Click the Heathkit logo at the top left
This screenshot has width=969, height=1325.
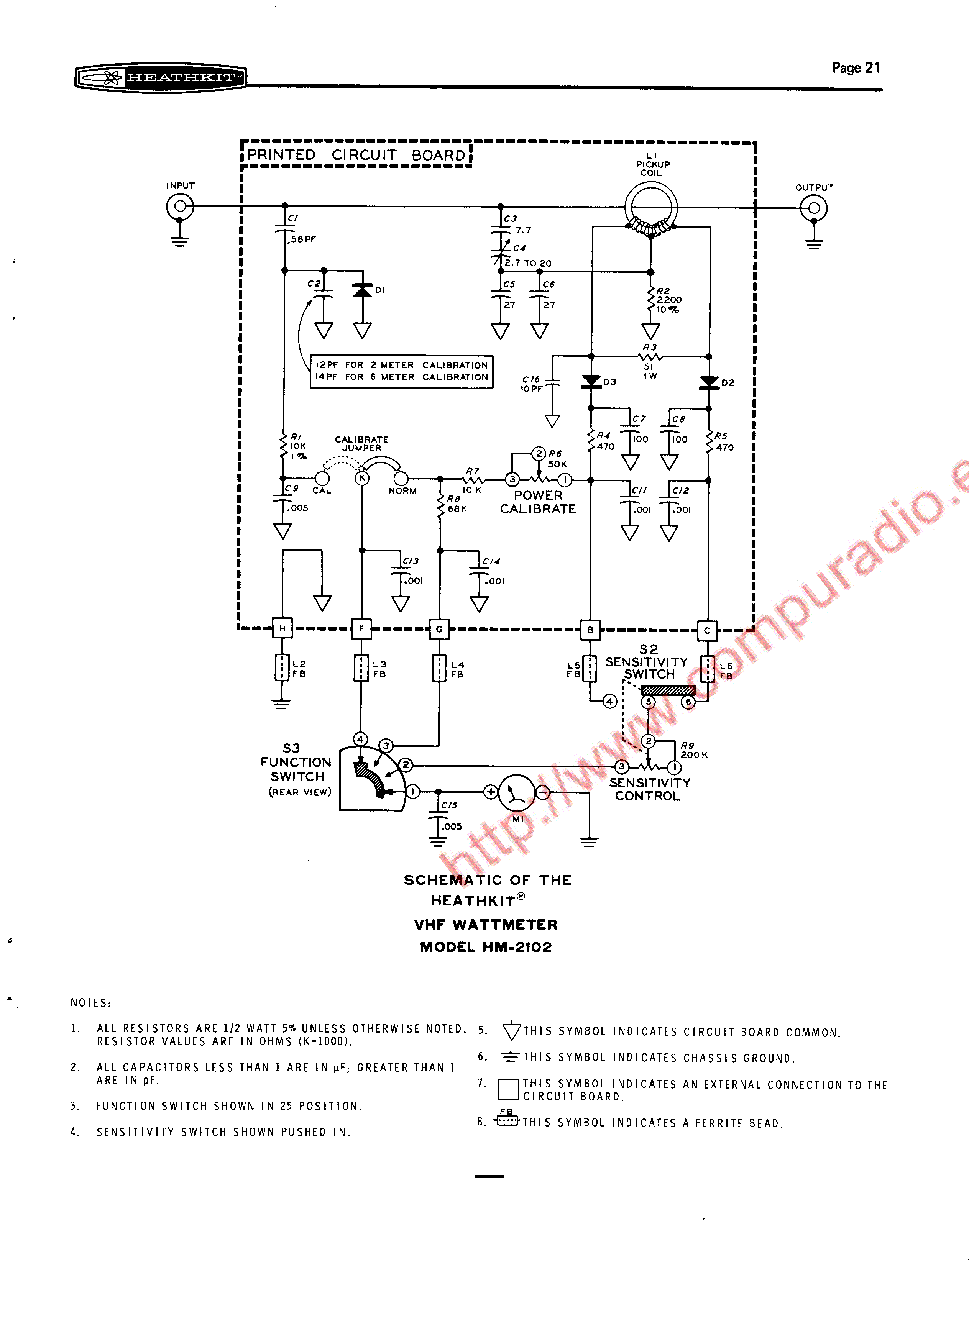click(x=160, y=77)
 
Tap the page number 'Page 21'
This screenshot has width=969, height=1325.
click(x=856, y=68)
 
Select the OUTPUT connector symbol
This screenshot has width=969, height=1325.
click(x=813, y=208)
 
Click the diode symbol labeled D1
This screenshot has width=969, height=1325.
click(x=363, y=290)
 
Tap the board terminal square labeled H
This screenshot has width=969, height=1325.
click(x=282, y=628)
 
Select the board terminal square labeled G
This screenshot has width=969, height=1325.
click(x=439, y=629)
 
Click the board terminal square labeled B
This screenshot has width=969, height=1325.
click(x=590, y=630)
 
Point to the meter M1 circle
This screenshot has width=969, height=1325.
click(x=516, y=793)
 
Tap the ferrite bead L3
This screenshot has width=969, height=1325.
click(x=361, y=668)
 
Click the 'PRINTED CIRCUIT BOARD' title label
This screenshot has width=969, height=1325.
click(x=356, y=155)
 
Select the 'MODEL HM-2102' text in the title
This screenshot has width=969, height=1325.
click(x=486, y=947)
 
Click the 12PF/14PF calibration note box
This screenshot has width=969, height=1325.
click(x=401, y=371)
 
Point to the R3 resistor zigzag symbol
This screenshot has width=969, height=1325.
click(x=650, y=356)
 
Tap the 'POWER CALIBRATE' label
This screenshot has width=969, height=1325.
click(x=538, y=502)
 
